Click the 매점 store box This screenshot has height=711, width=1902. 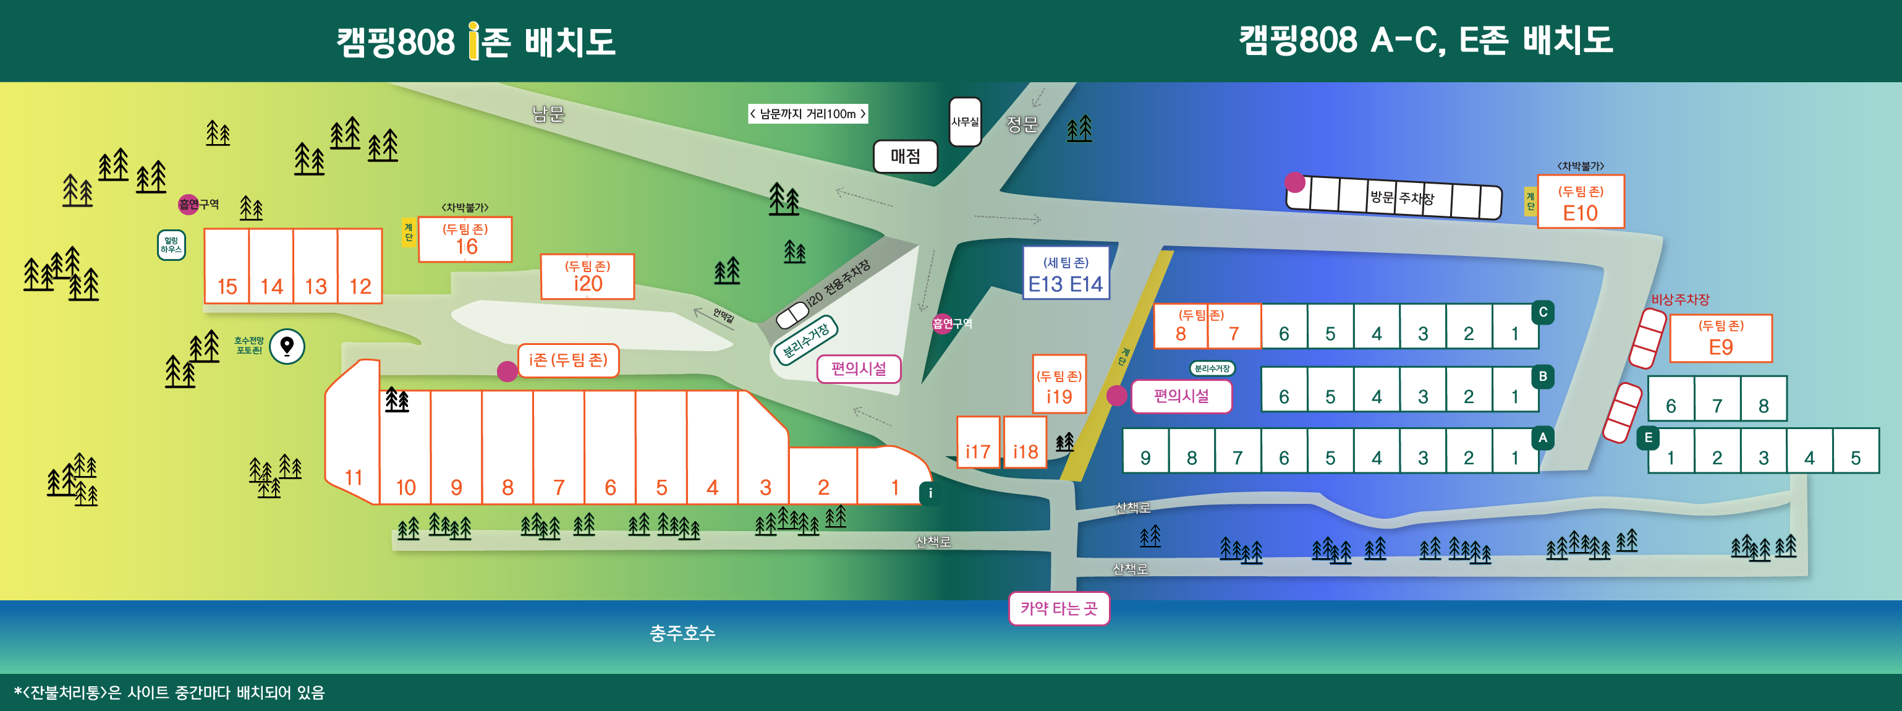905,156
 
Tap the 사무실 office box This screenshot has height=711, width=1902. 964,122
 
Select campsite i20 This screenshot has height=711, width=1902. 587,276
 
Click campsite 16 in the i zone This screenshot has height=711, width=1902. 465,239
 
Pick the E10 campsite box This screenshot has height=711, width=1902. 1580,202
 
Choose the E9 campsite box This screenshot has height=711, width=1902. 1720,339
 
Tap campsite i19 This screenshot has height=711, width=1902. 1059,385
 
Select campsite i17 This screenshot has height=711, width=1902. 978,443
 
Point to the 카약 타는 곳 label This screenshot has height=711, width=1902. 1059,608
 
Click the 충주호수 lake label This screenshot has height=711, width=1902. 682,632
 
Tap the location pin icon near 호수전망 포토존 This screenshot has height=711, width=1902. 287,346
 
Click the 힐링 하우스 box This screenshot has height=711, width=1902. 171,245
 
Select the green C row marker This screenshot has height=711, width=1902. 1542,312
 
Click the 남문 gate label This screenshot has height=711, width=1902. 548,114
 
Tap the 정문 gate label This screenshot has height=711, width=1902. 1022,125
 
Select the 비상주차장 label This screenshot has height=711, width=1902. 1679,300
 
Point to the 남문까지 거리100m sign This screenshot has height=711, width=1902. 807,114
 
